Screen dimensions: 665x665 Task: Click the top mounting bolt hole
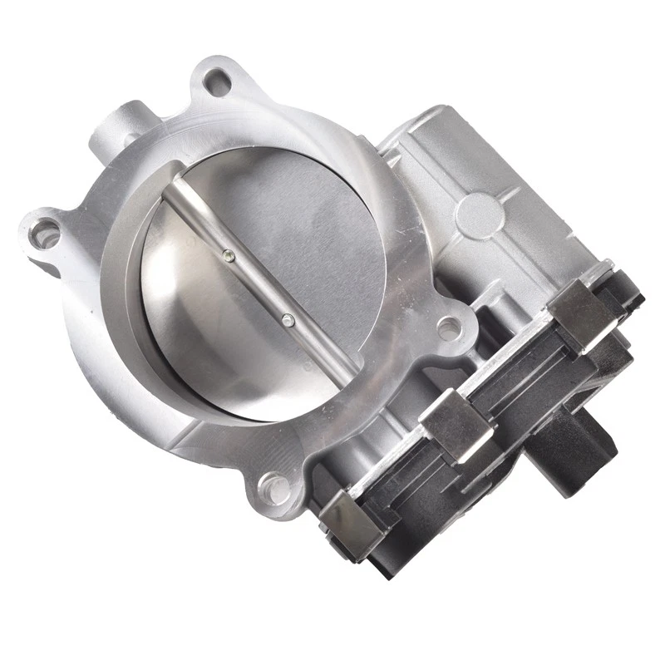[x=218, y=81]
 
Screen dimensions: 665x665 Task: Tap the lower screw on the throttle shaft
[x=287, y=319]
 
